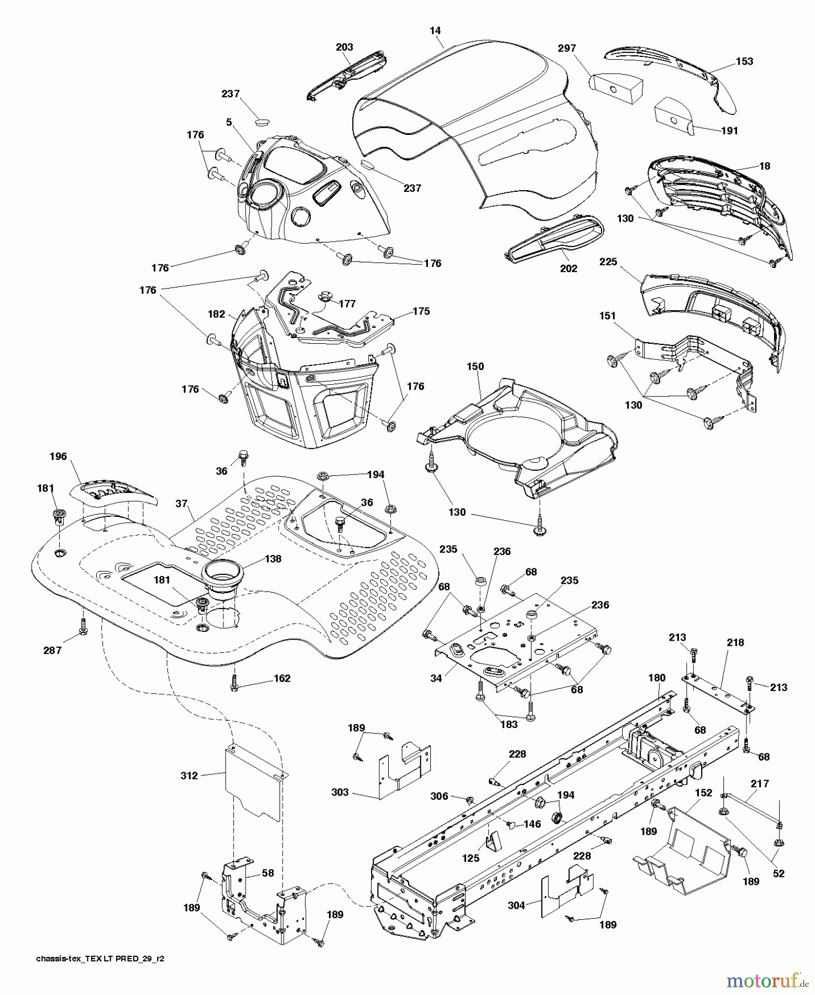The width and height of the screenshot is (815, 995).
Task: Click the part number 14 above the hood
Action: (436, 30)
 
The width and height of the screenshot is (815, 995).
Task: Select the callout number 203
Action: (344, 47)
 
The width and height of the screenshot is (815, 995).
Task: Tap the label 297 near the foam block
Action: (567, 48)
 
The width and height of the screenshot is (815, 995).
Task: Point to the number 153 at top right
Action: (744, 61)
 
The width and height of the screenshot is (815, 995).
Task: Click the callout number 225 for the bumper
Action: (608, 262)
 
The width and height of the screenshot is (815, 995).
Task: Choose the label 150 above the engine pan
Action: (475, 366)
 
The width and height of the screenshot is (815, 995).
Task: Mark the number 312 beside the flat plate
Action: (189, 776)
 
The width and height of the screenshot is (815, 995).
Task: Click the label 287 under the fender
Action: (53, 651)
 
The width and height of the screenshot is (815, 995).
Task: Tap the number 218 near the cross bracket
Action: (735, 643)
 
